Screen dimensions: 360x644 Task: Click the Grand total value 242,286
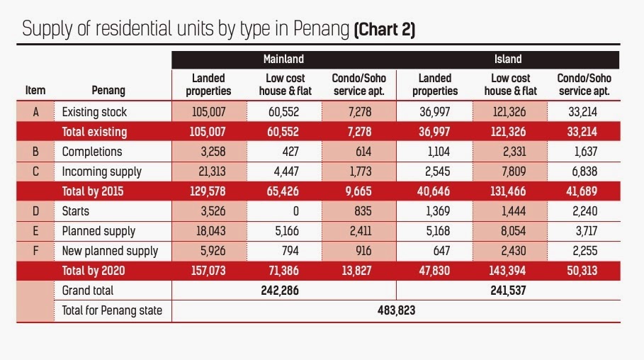(284, 291)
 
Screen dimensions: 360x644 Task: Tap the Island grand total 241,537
(508, 291)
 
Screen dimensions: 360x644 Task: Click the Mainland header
(283, 60)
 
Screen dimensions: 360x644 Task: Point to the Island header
(508, 60)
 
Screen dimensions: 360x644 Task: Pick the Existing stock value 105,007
(208, 112)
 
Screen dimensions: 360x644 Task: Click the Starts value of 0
(295, 211)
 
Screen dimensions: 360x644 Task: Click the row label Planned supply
(98, 231)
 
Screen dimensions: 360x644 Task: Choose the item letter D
(35, 211)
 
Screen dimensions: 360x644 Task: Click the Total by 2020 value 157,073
(208, 271)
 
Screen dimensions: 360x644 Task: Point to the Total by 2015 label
(94, 191)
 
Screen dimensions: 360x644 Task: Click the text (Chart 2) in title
(385, 30)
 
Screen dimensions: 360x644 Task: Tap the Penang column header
(108, 90)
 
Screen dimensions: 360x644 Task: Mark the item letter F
(35, 251)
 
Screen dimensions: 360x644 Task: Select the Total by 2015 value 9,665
(356, 191)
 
